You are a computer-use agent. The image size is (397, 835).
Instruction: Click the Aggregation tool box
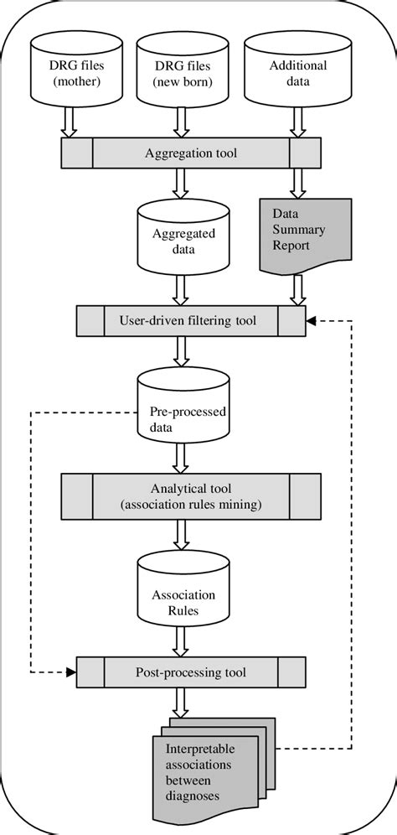(190, 153)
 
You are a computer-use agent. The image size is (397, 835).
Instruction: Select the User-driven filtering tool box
(190, 319)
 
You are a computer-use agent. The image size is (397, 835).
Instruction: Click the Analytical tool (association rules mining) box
(190, 495)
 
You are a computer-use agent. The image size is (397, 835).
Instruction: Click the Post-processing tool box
(190, 672)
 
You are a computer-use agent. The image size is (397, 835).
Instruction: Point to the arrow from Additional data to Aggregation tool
(299, 124)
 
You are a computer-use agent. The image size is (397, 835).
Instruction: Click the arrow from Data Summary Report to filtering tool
(299, 289)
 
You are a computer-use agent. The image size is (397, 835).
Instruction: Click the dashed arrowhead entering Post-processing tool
(71, 672)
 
